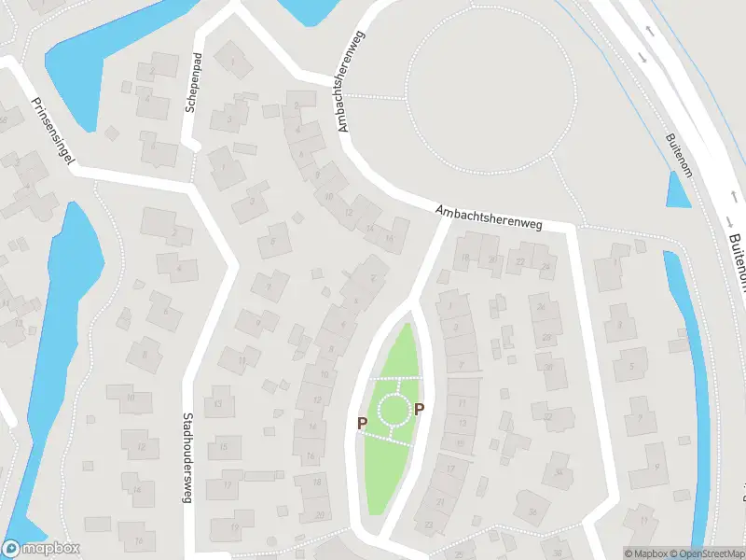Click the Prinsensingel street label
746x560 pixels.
[52, 130]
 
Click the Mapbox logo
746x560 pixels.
[41, 549]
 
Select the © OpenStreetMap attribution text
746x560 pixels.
[705, 553]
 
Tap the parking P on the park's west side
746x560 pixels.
[362, 423]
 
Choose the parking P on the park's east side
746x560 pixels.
[419, 409]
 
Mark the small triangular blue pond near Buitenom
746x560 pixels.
[679, 191]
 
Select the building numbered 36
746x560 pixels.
[533, 511]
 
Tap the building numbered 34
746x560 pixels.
[558, 471]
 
